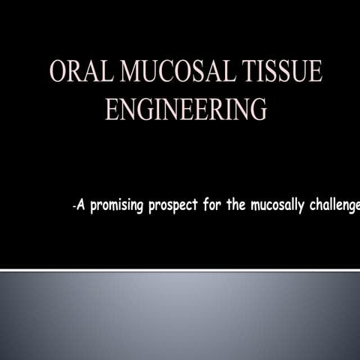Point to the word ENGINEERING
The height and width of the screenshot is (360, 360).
click(x=185, y=109)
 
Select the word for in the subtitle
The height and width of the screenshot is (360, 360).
click(x=213, y=205)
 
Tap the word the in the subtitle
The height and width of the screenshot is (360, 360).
click(x=237, y=205)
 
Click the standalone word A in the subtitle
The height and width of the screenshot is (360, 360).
click(x=80, y=205)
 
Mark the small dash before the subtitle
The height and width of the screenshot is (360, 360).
click(x=73, y=207)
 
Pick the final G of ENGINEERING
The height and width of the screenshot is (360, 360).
click(x=256, y=109)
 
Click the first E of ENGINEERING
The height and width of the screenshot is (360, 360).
click(x=111, y=109)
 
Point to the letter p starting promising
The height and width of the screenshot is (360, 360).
click(x=94, y=207)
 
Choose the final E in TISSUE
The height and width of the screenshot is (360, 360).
click(x=316, y=73)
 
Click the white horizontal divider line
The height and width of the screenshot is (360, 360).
click(x=180, y=268)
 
